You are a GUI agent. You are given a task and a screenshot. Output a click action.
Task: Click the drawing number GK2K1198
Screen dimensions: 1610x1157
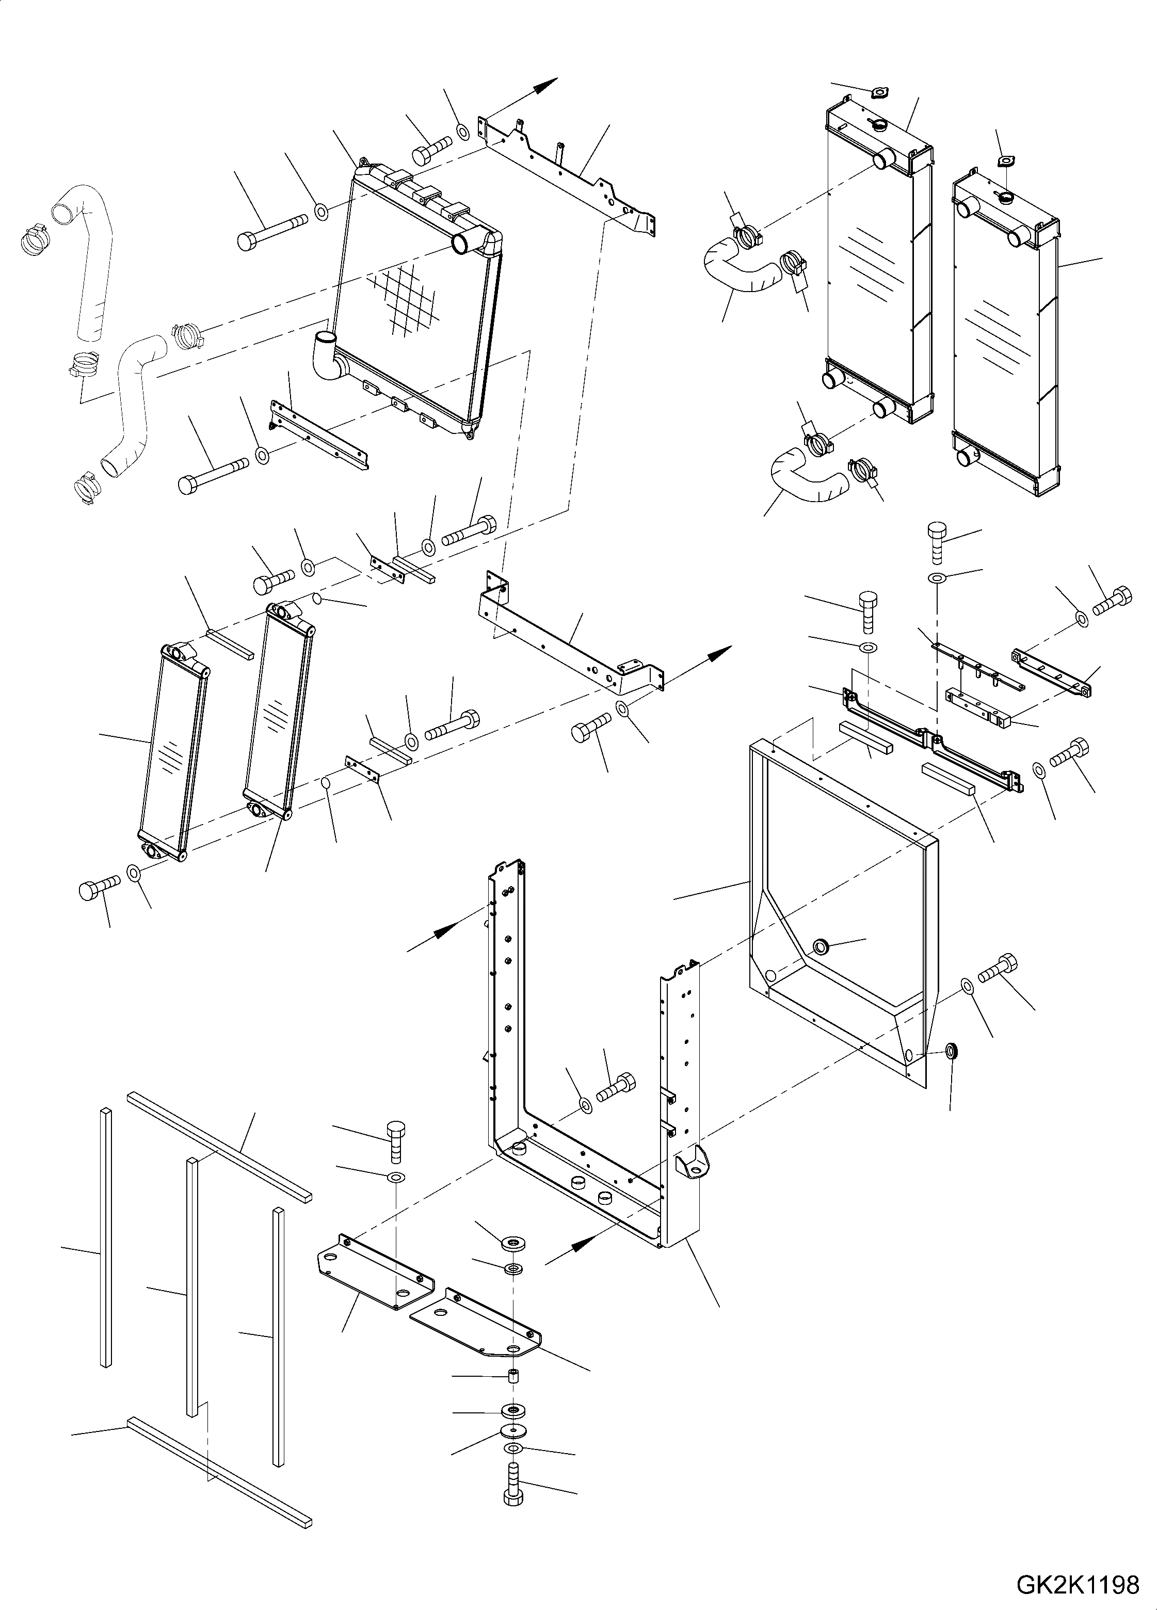1078,1584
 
